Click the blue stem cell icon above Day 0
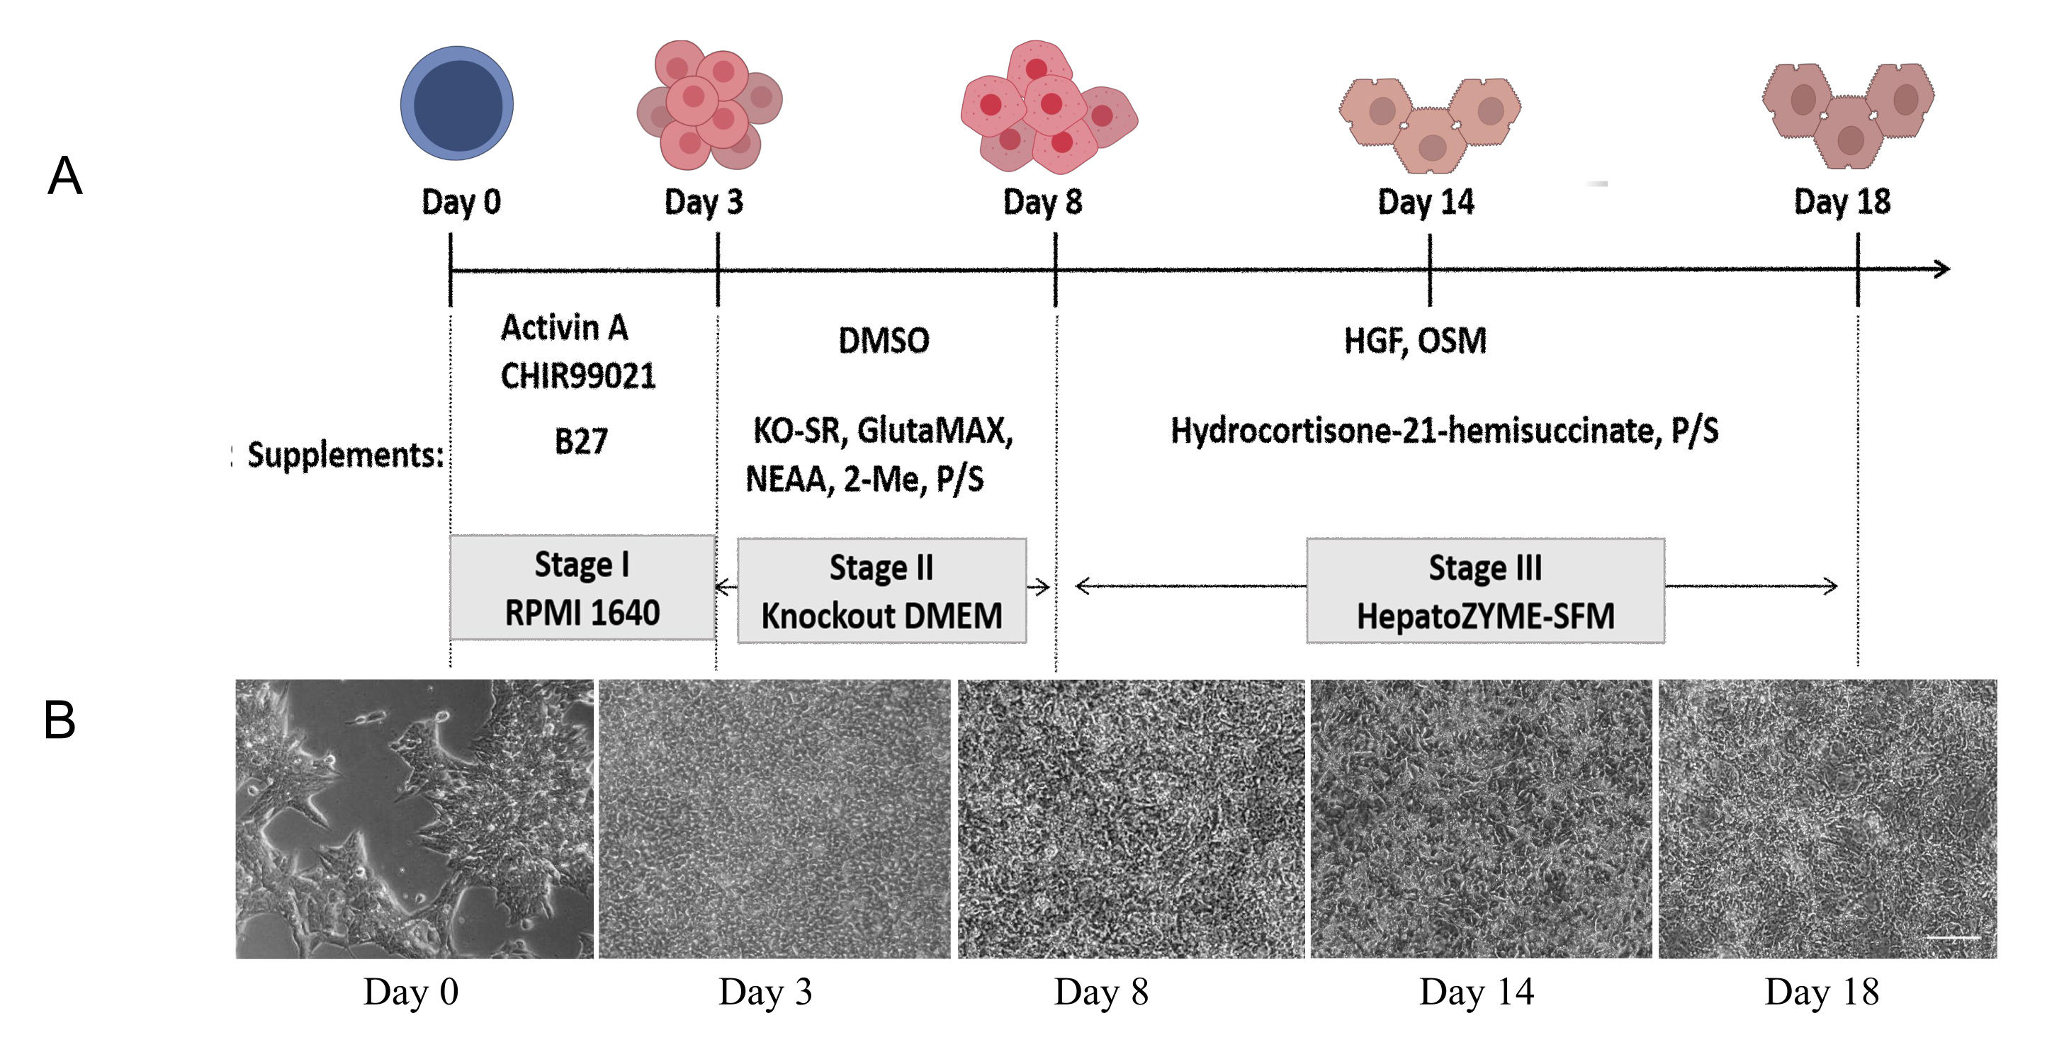(457, 103)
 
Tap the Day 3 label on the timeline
(704, 202)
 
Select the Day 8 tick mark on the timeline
(1055, 269)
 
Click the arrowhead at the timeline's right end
(1942, 269)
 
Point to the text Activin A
(564, 328)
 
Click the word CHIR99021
(577, 375)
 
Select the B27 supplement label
(581, 441)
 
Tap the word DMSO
(884, 341)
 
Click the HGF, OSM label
(1415, 341)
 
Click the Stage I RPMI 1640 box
(582, 588)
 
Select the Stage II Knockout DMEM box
(881, 592)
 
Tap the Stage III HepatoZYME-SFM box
(1484, 592)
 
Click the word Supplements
(344, 455)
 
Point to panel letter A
(65, 176)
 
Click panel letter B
(60, 720)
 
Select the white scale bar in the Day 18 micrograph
(1952, 937)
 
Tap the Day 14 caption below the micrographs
(1476, 992)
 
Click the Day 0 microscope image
(415, 819)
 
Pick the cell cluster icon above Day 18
(1848, 115)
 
